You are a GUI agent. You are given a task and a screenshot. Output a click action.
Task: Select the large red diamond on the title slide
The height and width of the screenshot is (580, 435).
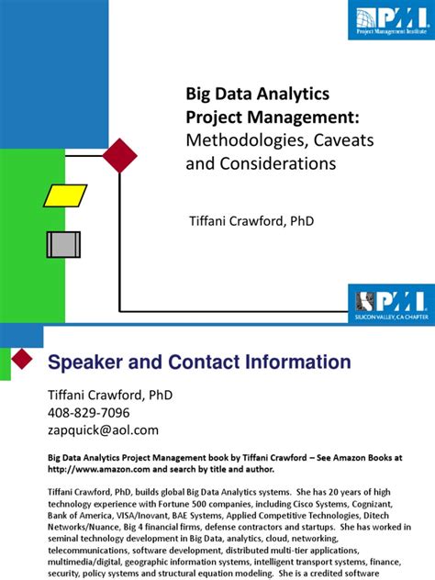point(120,156)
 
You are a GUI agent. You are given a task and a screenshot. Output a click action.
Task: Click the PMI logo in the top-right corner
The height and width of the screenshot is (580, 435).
point(390,20)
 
